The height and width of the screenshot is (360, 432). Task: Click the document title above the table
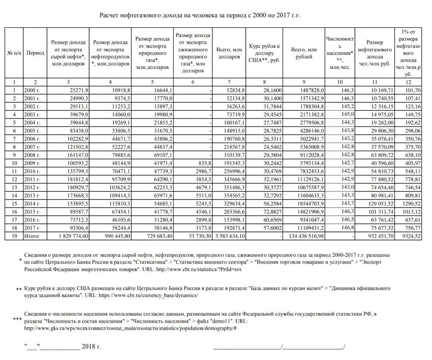(199, 16)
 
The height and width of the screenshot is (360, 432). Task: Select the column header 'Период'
(35, 53)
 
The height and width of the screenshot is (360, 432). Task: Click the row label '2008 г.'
(32, 155)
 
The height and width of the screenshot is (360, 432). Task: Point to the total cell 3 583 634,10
(230, 236)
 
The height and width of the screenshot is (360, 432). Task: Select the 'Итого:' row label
(32, 236)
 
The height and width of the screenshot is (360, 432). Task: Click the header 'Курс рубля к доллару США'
(264, 53)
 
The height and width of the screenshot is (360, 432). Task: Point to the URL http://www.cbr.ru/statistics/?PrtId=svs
(199, 269)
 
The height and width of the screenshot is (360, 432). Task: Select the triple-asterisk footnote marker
(17, 319)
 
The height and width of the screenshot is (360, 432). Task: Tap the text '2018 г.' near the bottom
(91, 347)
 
